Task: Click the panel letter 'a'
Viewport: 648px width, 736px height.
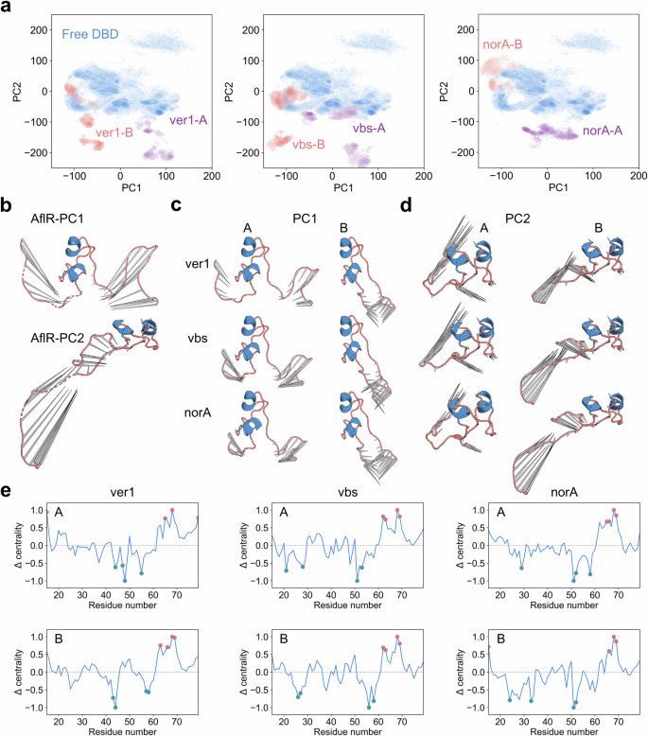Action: [7, 8]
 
